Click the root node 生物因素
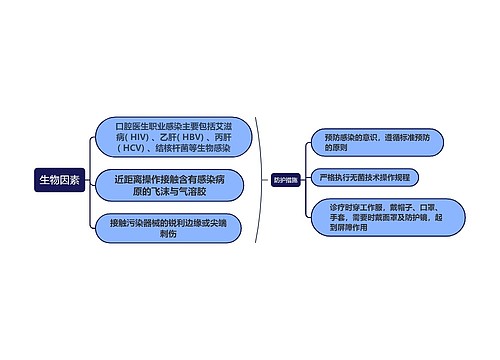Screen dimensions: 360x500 tap(59, 179)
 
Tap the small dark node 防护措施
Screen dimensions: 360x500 tap(284, 180)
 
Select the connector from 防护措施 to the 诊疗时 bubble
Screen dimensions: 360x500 tap(304, 203)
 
